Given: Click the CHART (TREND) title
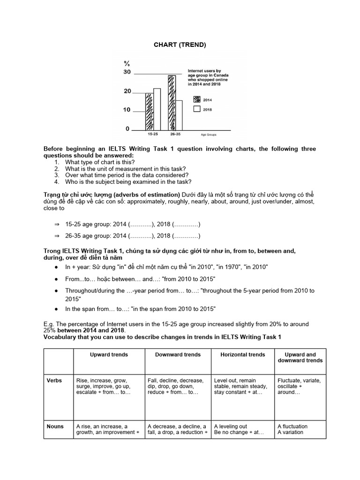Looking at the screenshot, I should tap(180, 45).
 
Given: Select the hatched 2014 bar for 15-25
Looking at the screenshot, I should tap(150, 112).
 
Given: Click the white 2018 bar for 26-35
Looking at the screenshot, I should tap(179, 115).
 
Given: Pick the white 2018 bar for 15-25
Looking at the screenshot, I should tap(157, 109).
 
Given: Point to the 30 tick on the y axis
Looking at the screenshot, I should tap(127, 72).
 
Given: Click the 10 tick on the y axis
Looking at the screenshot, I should tap(127, 110).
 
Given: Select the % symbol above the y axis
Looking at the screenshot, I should tap(127, 63).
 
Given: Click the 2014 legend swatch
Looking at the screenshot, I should tap(197, 99).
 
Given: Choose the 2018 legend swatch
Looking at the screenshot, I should tap(197, 109).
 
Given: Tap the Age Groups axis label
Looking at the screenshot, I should tap(210, 135).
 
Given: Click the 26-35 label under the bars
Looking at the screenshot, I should tap(175, 135).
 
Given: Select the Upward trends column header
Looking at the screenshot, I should tap(109, 355).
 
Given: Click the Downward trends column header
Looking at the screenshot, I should tap(178, 355).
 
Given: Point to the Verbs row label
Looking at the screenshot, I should tap(55, 380).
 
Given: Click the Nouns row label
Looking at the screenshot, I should tap(55, 426).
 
